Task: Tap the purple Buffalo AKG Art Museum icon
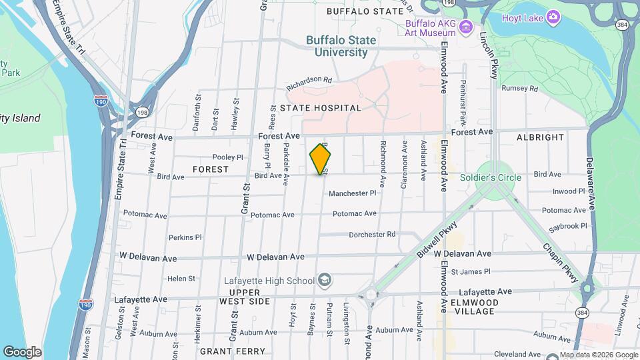click(x=465, y=27)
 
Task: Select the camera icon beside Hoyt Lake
click(x=553, y=16)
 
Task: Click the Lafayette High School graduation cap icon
click(x=325, y=280)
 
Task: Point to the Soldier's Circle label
click(x=491, y=177)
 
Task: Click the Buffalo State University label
click(x=341, y=46)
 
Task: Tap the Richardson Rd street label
click(x=309, y=83)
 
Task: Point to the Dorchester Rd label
click(x=372, y=235)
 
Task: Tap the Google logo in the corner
click(x=22, y=352)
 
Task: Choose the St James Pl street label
click(x=471, y=271)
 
